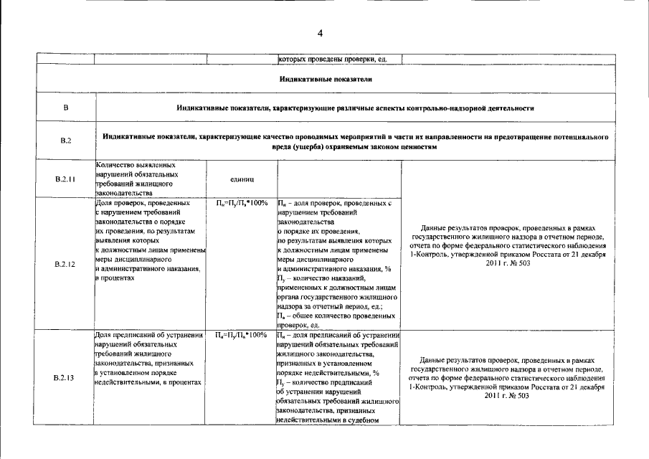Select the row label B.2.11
(65, 179)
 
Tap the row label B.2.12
(65, 264)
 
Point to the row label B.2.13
(65, 377)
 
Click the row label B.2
(65, 141)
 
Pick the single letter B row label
(65, 108)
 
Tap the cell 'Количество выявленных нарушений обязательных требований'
(136, 179)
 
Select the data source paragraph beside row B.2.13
(507, 377)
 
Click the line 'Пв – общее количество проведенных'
(335, 316)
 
